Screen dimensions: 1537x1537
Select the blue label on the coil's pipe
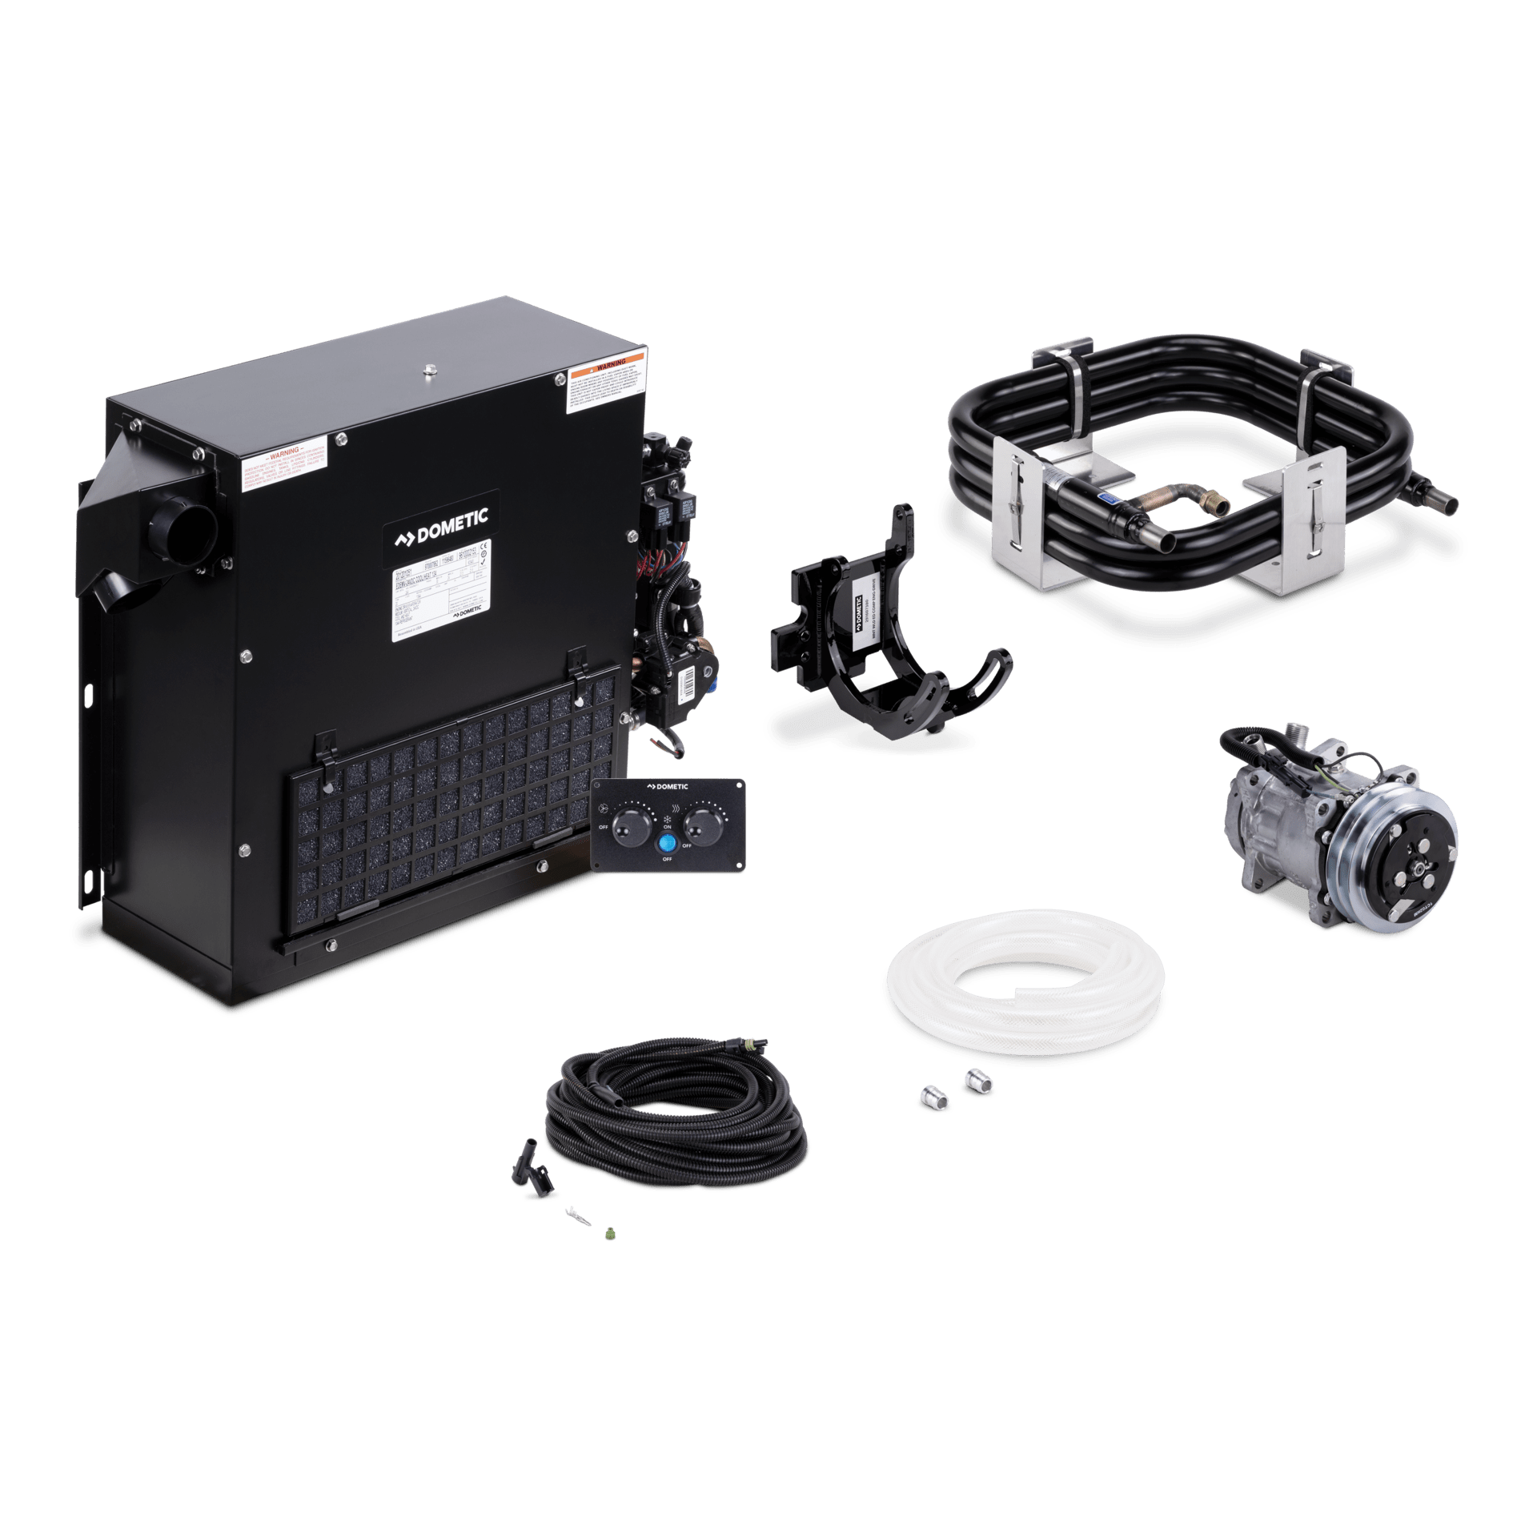click(1107, 498)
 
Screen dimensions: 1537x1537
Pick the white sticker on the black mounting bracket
click(861, 612)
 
